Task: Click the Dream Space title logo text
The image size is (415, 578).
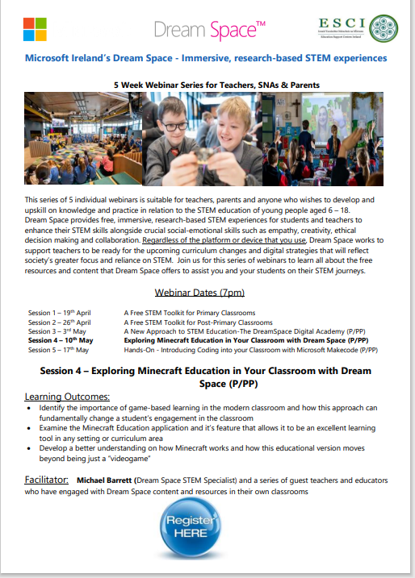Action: pos(208,31)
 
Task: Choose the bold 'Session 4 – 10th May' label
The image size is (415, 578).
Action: pos(61,341)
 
